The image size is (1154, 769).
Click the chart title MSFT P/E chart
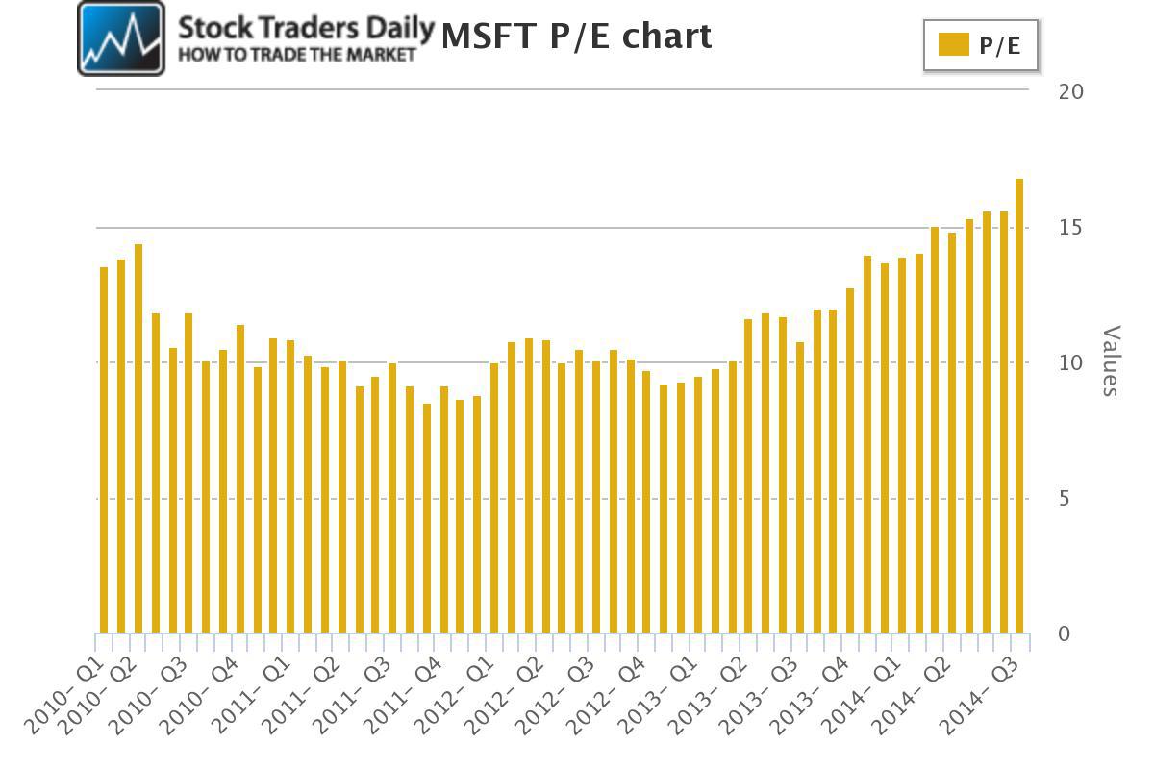point(576,37)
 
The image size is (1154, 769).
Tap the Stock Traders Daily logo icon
point(121,38)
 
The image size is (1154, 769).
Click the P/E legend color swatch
point(954,44)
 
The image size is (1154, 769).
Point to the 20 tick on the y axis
point(1071,92)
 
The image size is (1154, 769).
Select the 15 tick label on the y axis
point(1070,228)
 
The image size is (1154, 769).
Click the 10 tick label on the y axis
point(1070,363)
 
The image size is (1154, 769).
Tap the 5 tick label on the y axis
point(1065,499)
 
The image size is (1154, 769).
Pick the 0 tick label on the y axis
point(1065,634)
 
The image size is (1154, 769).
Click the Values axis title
point(1111,360)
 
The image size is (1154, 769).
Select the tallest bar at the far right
point(1019,406)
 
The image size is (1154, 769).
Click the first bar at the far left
point(104,450)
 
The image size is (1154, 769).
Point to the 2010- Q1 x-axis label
point(64,696)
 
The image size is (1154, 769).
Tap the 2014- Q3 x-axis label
point(979,696)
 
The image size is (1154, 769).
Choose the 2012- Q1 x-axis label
point(454,696)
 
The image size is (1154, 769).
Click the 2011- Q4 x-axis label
point(403,696)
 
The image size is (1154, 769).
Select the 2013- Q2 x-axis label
point(708,696)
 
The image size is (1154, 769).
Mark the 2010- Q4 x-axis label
point(199,696)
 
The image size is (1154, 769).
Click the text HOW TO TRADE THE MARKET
point(297,55)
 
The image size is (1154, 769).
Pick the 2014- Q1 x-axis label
point(861,696)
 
